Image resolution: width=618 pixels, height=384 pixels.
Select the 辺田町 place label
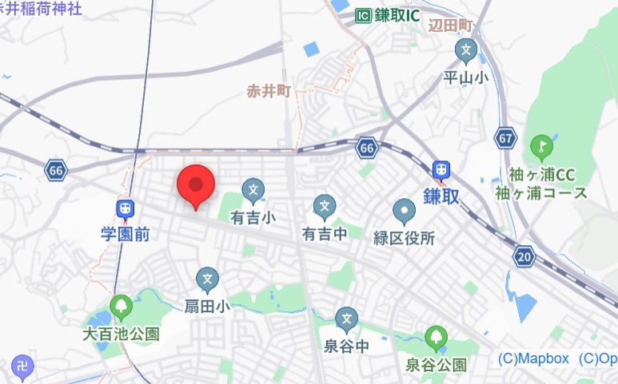pyautogui.click(x=451, y=26)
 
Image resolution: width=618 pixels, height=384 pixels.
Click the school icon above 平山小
pyautogui.click(x=465, y=52)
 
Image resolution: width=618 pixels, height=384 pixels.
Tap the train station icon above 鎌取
pyautogui.click(x=440, y=170)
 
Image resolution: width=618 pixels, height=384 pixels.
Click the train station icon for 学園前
pyautogui.click(x=124, y=209)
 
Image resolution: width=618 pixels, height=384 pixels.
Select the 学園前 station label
pyautogui.click(x=126, y=235)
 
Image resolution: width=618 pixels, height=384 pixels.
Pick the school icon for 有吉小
pyautogui.click(x=253, y=190)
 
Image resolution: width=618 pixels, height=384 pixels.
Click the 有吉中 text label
pyautogui.click(x=324, y=234)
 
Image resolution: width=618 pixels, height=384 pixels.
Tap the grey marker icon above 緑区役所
pyautogui.click(x=405, y=212)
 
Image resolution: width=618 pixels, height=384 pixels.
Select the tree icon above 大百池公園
pyautogui.click(x=121, y=305)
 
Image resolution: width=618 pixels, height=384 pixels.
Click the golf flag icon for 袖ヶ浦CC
pyautogui.click(x=540, y=147)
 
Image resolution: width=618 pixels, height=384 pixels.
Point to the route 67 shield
pyautogui.click(x=504, y=137)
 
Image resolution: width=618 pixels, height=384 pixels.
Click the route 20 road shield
pyautogui.click(x=524, y=256)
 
